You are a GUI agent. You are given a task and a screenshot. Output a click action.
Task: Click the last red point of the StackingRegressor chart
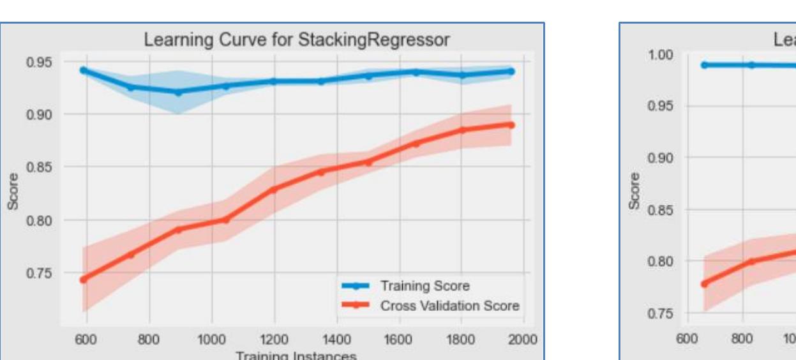click(511, 124)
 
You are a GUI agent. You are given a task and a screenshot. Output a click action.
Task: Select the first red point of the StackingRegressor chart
click(83, 280)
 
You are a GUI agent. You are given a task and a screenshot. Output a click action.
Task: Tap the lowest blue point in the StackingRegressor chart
click(178, 92)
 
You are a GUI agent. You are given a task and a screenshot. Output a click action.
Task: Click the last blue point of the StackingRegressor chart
click(511, 71)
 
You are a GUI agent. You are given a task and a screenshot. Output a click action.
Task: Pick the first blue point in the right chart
click(705, 64)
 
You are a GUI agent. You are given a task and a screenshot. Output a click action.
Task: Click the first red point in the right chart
click(705, 283)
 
